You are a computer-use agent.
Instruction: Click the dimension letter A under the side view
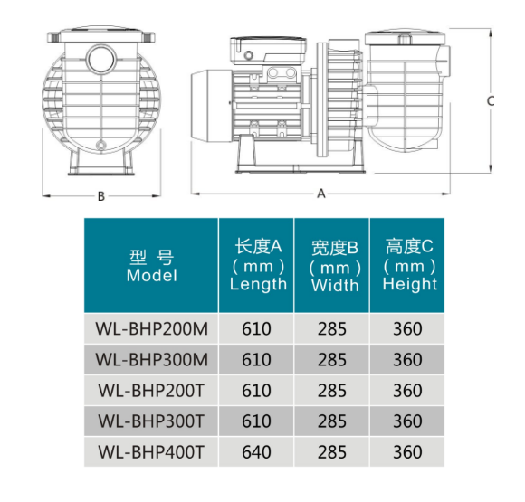coord(321,194)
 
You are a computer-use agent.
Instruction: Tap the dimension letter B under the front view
coord(101,196)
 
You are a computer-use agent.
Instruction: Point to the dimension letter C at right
coord(491,101)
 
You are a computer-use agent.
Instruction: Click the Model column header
coord(151,266)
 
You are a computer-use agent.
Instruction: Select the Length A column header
coord(258,265)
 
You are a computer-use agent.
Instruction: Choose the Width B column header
coord(335,266)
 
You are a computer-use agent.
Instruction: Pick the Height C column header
coord(409,265)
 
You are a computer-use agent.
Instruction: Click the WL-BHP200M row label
coord(152,328)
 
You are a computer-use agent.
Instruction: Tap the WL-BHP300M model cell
coord(152,360)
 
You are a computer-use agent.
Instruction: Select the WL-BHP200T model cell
coord(151,391)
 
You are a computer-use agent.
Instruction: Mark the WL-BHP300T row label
coord(151,421)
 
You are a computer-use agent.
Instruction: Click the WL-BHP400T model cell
coord(151,452)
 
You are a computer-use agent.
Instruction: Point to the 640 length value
coord(256,452)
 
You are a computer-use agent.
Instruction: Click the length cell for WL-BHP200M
coord(256,328)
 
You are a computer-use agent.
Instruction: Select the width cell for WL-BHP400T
coord(332,452)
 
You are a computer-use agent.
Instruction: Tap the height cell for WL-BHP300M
coord(407,360)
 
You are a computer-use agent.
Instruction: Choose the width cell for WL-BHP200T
coord(332,391)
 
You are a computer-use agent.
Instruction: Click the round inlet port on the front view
coord(101,59)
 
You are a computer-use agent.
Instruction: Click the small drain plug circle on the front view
coord(100,146)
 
